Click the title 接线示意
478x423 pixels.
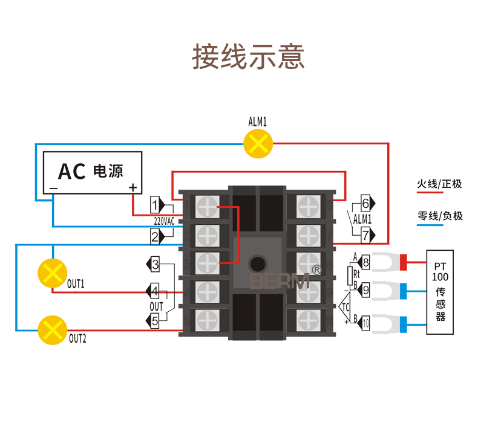pos(248,57)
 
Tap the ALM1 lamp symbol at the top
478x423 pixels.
pos(258,144)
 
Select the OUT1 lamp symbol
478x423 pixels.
pos(53,273)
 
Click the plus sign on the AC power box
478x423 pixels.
pos(133,187)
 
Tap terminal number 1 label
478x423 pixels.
pos(156,204)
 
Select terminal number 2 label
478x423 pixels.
pos(156,237)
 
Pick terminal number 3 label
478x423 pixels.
pos(156,264)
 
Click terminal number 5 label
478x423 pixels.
pos(156,321)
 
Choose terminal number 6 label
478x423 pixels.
pos(365,202)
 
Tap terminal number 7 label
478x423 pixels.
pos(365,234)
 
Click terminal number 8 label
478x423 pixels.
pos(365,262)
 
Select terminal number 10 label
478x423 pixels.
pos(365,324)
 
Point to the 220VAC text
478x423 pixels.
pos(164,221)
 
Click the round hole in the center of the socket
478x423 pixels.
pos(258,264)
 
